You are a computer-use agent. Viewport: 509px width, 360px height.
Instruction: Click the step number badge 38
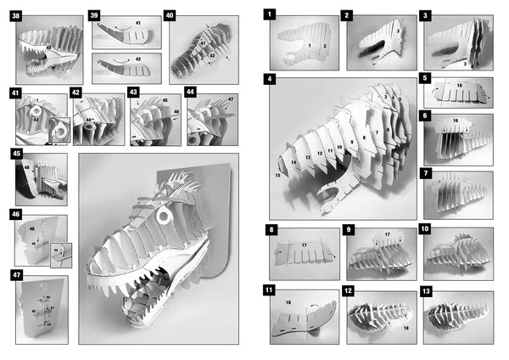pos(16,15)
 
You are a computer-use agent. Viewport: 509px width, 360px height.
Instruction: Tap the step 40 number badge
pos(170,15)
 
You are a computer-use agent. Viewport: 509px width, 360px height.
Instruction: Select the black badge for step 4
pos(270,79)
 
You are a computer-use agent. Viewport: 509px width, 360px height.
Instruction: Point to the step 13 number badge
pos(425,291)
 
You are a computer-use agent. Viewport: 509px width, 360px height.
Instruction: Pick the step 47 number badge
pos(17,275)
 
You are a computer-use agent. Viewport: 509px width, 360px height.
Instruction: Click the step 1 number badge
pos(270,14)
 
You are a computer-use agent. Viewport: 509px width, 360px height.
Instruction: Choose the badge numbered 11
pos(270,291)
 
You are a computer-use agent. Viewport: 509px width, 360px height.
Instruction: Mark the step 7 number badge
pos(425,173)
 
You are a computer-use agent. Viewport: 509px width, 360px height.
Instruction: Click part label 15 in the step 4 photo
pos(277,176)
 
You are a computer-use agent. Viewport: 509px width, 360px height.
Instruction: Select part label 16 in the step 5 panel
pos(459,87)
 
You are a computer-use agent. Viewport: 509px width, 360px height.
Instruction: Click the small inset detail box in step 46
pos(56,250)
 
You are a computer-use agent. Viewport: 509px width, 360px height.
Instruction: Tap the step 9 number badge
pos(348,229)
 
